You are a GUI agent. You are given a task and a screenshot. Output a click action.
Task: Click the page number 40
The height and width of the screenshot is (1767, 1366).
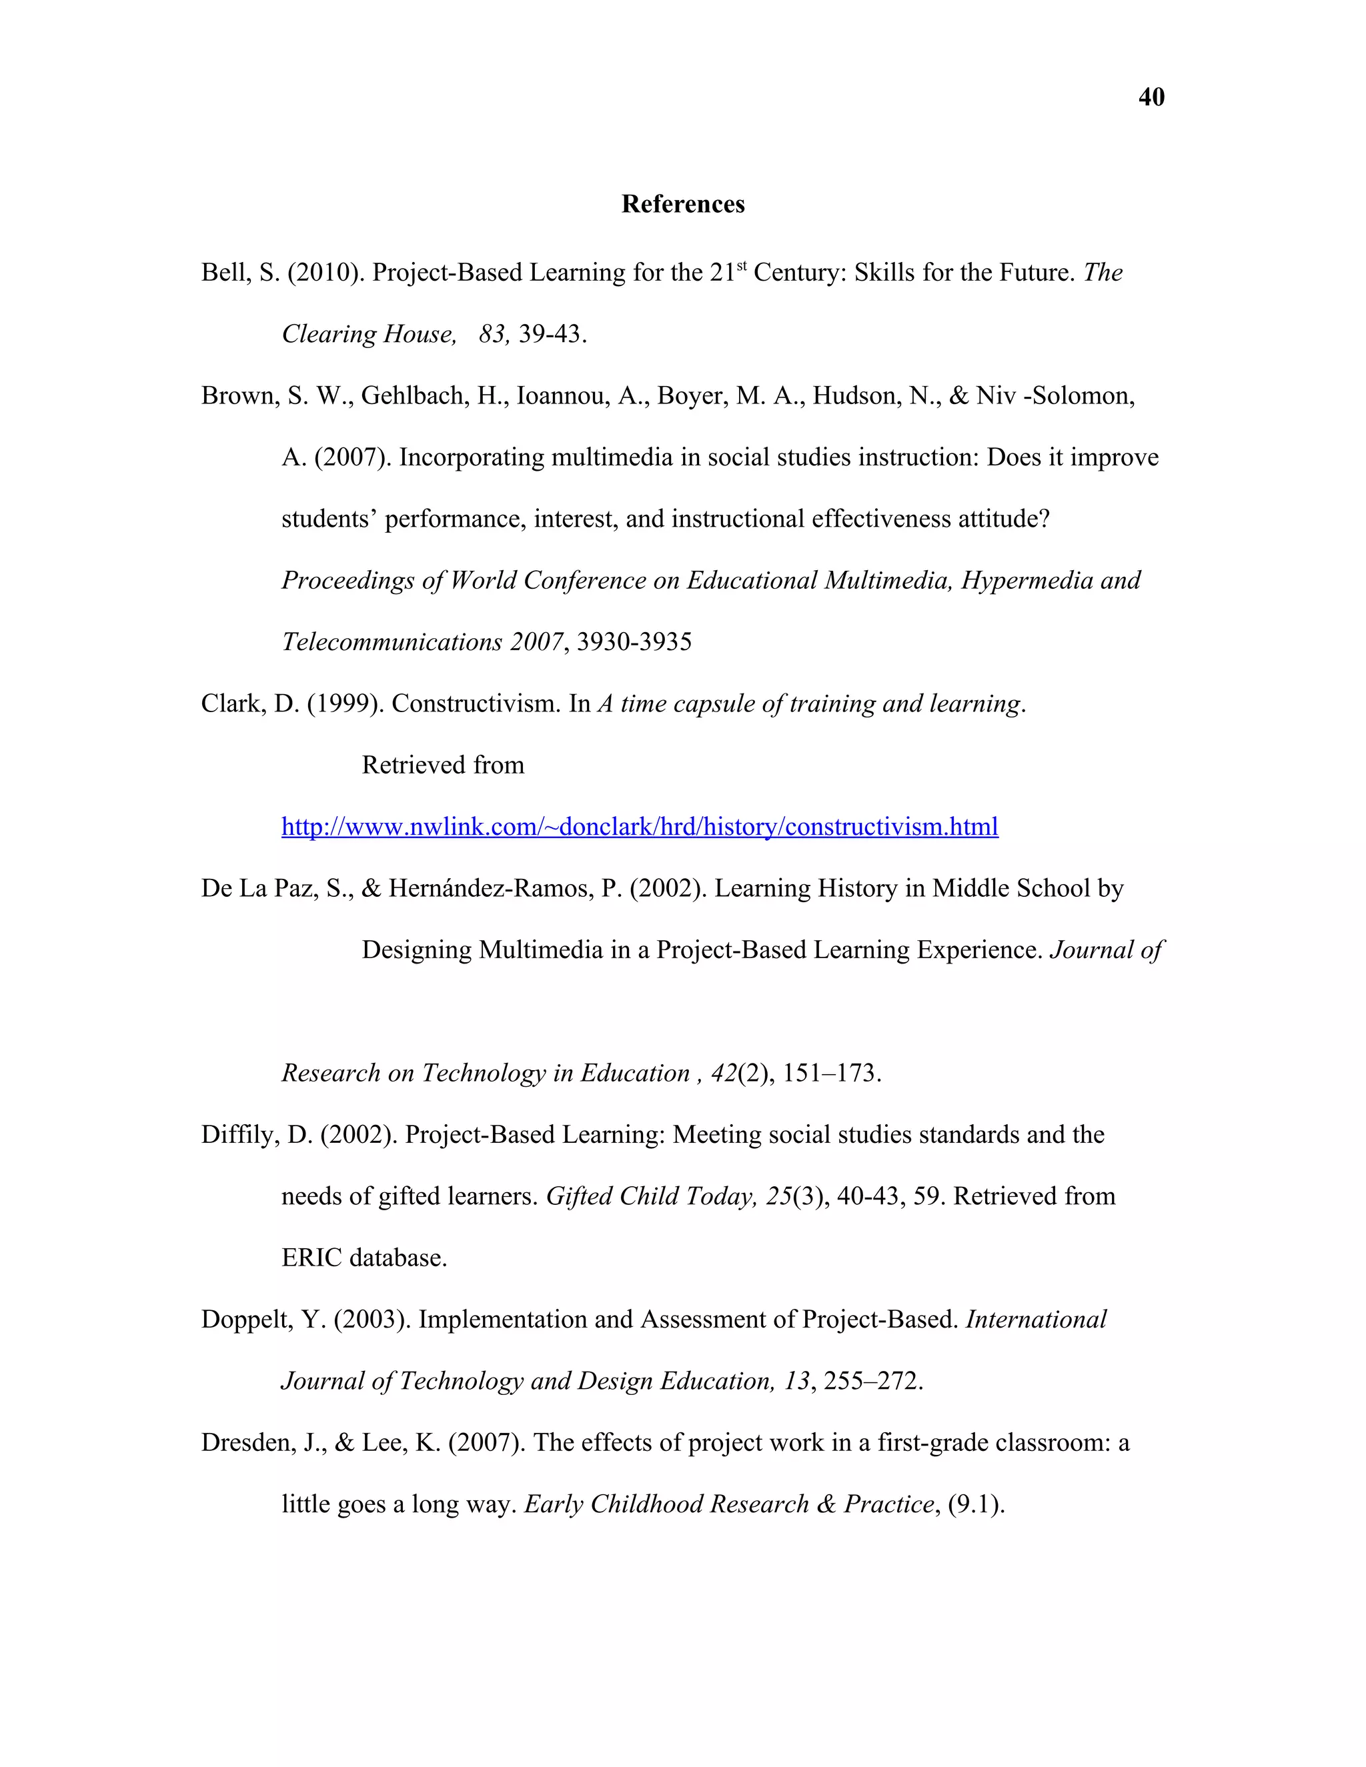1151,97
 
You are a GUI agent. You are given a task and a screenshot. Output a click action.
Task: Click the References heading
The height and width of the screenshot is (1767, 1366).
682,204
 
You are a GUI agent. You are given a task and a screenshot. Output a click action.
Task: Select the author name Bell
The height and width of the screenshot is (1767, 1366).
223,273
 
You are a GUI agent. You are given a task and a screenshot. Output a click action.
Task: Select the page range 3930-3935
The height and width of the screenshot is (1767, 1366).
634,642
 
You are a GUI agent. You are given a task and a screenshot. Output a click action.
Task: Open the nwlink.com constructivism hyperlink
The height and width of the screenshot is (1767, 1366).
639,827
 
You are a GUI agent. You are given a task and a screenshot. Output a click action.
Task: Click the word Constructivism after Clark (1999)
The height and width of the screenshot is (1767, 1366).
475,704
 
